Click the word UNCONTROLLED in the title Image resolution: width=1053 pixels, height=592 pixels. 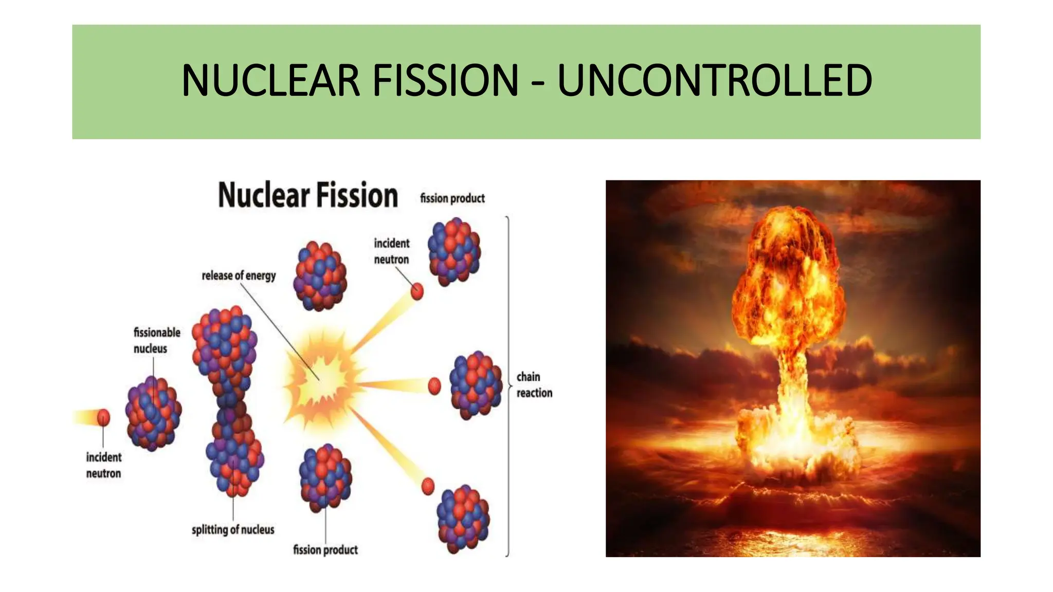[x=715, y=81]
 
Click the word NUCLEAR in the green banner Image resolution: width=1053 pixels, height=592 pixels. [x=270, y=81]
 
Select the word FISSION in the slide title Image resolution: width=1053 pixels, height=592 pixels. [x=445, y=81]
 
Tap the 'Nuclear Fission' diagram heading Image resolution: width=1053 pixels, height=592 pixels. [x=308, y=196]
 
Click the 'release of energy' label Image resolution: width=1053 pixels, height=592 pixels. [x=239, y=276]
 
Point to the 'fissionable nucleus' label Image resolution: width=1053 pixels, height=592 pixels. [x=157, y=340]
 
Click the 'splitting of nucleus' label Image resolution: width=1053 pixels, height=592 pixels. [x=233, y=530]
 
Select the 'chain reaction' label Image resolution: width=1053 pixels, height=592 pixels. [x=534, y=385]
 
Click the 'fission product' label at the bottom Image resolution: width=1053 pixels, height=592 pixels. [x=325, y=550]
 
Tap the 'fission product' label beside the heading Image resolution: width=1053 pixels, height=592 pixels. [x=452, y=198]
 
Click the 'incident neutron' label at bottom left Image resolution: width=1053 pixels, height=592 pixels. [x=104, y=465]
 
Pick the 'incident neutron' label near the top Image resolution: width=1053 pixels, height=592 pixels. [x=391, y=251]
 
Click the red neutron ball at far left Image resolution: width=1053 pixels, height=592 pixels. [x=104, y=417]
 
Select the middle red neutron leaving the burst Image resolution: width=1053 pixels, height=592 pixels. [x=434, y=385]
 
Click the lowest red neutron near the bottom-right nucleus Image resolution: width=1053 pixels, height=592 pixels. [x=428, y=486]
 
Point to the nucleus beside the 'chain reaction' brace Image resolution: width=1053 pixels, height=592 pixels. [x=475, y=385]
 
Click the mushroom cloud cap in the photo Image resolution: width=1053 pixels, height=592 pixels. [x=789, y=267]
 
